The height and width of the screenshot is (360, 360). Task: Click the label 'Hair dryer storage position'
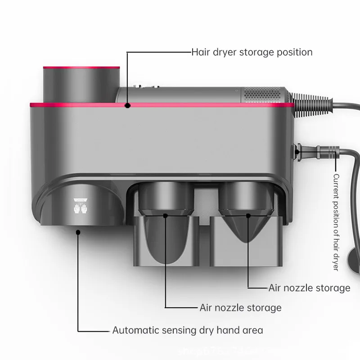coord(252,52)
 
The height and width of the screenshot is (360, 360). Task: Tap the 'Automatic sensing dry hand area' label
coord(188,330)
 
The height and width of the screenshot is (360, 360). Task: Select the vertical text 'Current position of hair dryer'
coord(335,222)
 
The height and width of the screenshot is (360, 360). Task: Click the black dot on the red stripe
coord(128,106)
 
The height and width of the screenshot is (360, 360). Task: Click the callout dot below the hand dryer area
coord(79,232)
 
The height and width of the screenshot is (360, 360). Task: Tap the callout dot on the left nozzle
coord(166,216)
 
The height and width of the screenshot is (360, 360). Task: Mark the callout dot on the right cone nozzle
coord(248,216)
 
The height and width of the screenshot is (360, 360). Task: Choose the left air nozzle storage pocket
coord(166,238)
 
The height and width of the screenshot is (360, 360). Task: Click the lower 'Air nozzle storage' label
coord(240,308)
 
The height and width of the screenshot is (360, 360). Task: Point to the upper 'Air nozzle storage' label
coord(309,288)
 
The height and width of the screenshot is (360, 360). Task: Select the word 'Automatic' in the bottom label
coord(133,330)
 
